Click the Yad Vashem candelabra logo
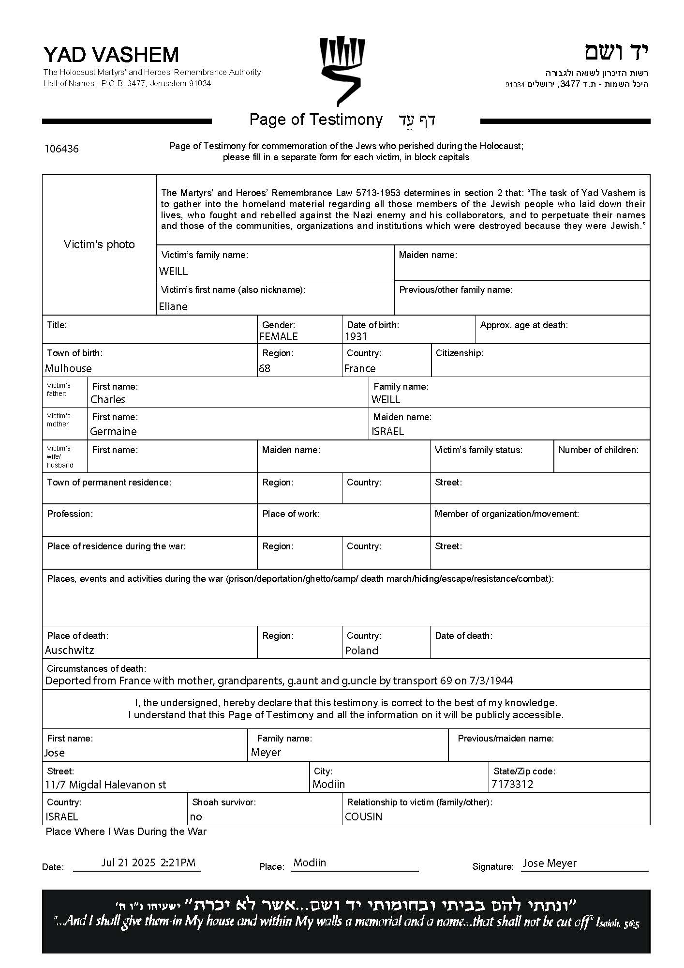pyautogui.click(x=342, y=70)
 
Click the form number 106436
pyautogui.click(x=61, y=149)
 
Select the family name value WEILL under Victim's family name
pyautogui.click(x=173, y=272)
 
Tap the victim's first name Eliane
pyautogui.click(x=173, y=306)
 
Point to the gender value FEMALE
pyautogui.click(x=279, y=336)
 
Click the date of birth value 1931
pyautogui.click(x=356, y=336)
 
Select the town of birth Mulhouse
pyautogui.click(x=68, y=368)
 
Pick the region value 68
pyautogui.click(x=265, y=368)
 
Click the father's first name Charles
pyautogui.click(x=108, y=399)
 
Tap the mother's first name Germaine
pyautogui.click(x=113, y=431)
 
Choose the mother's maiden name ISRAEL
pyautogui.click(x=387, y=431)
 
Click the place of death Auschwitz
pyautogui.click(x=70, y=650)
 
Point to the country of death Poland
pyautogui.click(x=361, y=650)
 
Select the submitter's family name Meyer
pyautogui.click(x=266, y=752)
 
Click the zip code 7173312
pyautogui.click(x=512, y=784)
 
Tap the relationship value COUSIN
pyautogui.click(x=363, y=817)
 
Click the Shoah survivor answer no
pyautogui.click(x=196, y=817)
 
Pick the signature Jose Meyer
pyautogui.click(x=550, y=863)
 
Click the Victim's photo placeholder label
pyautogui.click(x=99, y=244)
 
